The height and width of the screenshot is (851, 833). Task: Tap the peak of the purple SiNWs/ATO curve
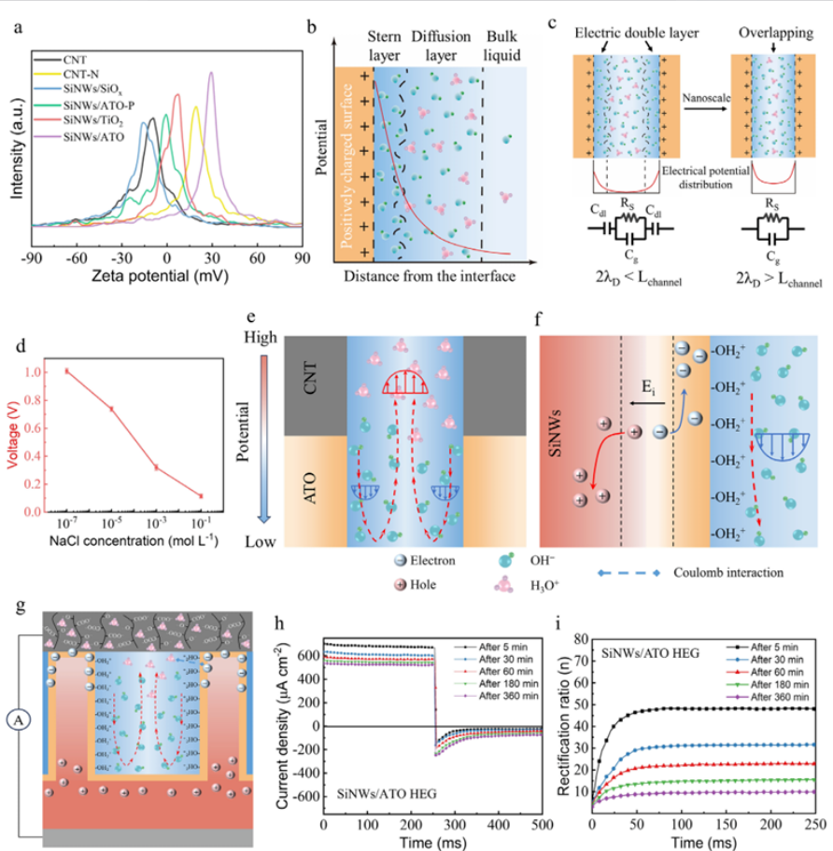211,76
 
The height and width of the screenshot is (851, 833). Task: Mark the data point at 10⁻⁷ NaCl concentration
67,370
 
